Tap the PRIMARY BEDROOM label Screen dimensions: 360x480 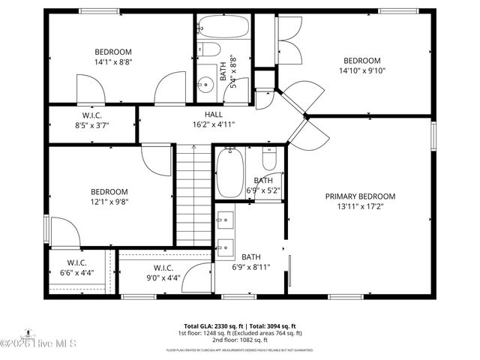coord(360,196)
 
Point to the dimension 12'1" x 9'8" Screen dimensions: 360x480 coord(109,202)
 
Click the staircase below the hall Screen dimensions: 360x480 coord(194,195)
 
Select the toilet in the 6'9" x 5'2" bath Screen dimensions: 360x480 coord(269,158)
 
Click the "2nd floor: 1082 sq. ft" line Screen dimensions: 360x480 coord(240,340)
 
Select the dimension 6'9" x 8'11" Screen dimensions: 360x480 coord(251,267)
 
